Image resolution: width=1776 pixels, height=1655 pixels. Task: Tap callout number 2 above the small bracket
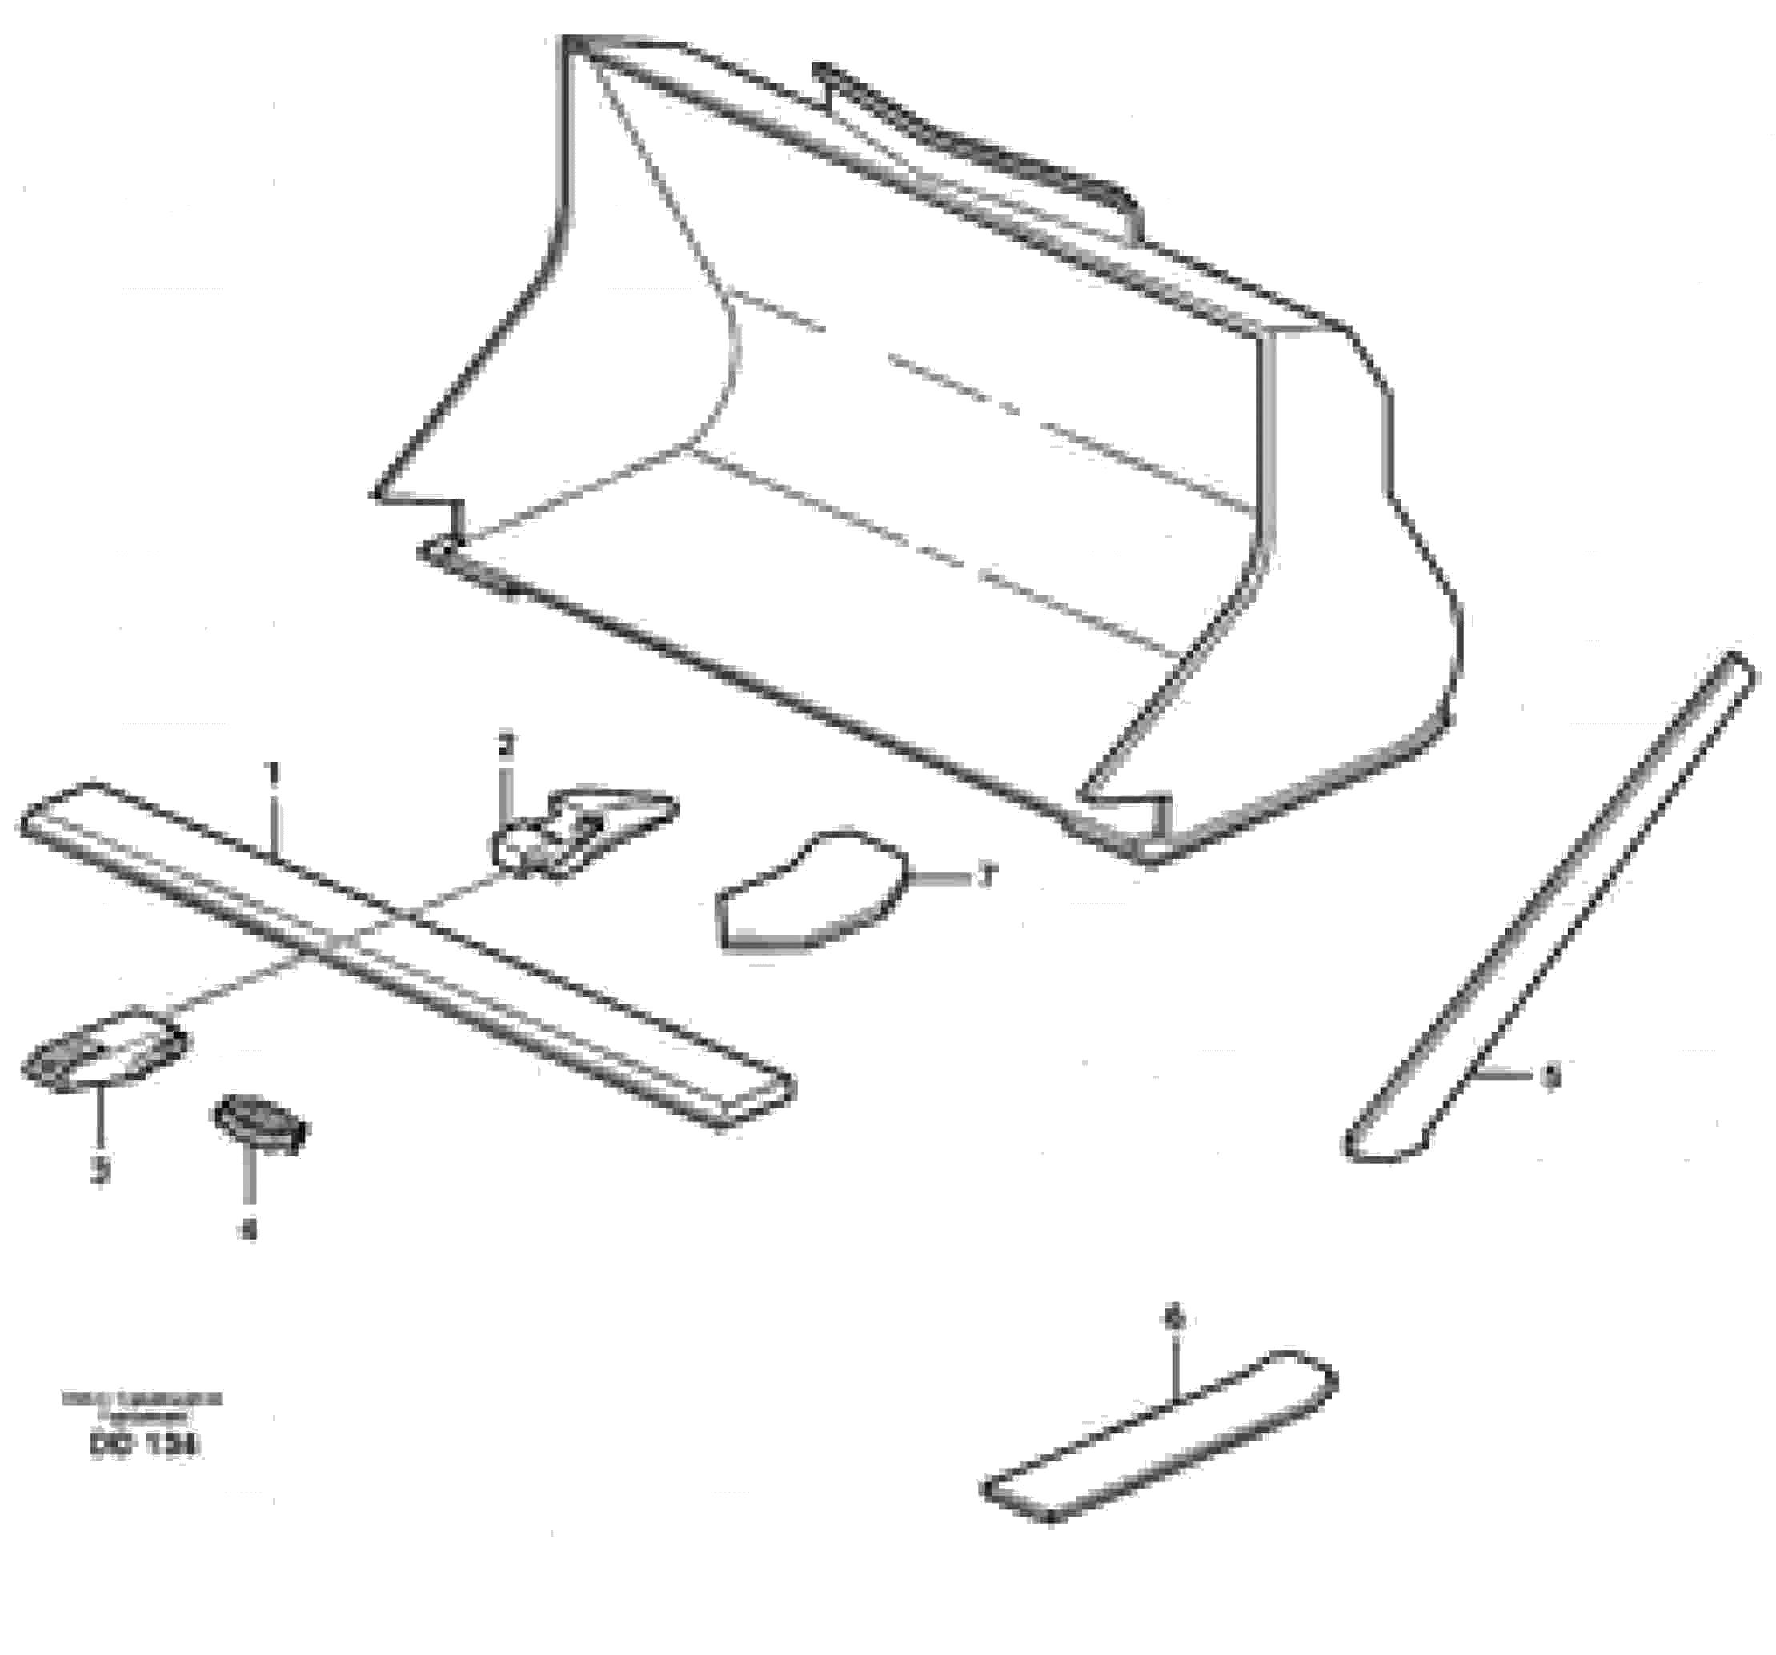[x=507, y=744]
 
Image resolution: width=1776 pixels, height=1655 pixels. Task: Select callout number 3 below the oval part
[x=101, y=1169]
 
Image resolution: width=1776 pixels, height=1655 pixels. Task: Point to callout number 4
[x=249, y=1230]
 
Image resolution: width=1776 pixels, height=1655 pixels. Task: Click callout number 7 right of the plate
[x=985, y=877]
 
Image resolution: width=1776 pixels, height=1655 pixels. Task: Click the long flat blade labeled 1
[x=402, y=952]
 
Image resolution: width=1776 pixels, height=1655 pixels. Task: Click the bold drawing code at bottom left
[x=144, y=1446]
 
